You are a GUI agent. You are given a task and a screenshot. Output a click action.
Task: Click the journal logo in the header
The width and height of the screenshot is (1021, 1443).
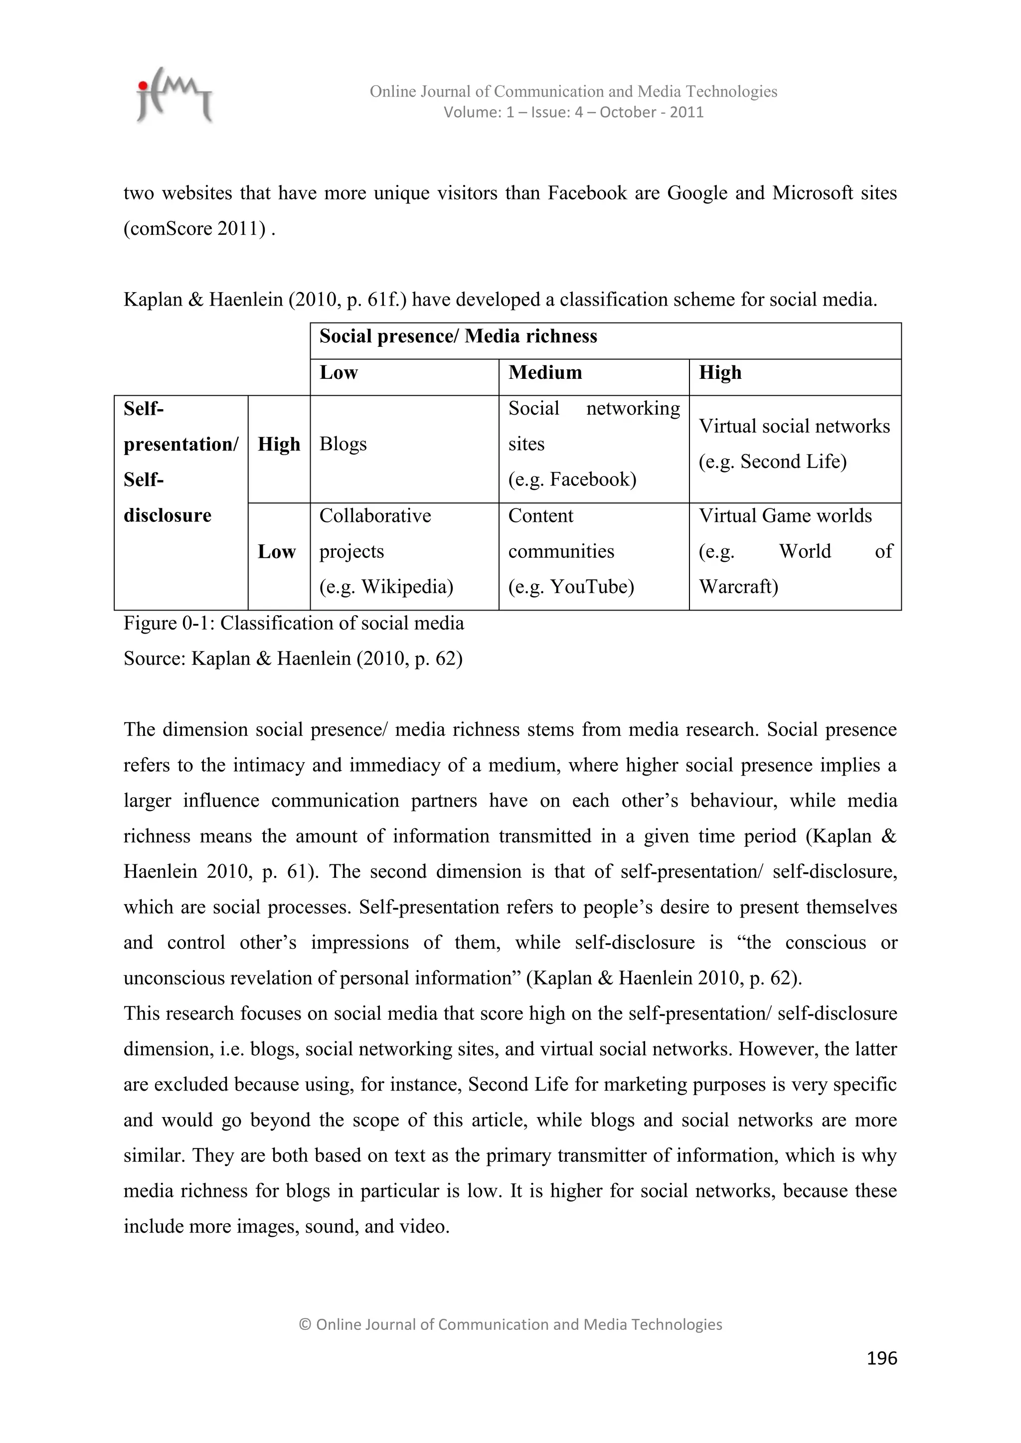pos(174,95)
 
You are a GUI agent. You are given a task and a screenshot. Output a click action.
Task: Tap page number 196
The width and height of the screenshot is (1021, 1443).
pos(881,1358)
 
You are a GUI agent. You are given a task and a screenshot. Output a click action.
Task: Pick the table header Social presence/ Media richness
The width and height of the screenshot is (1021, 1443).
pos(458,336)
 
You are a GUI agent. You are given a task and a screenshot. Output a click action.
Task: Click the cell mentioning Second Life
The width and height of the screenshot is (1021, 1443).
pos(794,444)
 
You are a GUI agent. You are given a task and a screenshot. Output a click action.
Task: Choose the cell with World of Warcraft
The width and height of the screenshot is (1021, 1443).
pos(795,551)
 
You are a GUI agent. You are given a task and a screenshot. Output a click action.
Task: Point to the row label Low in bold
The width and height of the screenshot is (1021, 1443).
pos(277,551)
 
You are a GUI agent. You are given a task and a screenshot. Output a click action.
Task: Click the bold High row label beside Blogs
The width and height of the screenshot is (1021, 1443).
pos(279,444)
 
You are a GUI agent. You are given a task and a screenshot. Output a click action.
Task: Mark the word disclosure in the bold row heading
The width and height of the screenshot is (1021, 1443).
pos(167,515)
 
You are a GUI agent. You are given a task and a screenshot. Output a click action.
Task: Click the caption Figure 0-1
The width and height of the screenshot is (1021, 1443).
pos(294,623)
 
